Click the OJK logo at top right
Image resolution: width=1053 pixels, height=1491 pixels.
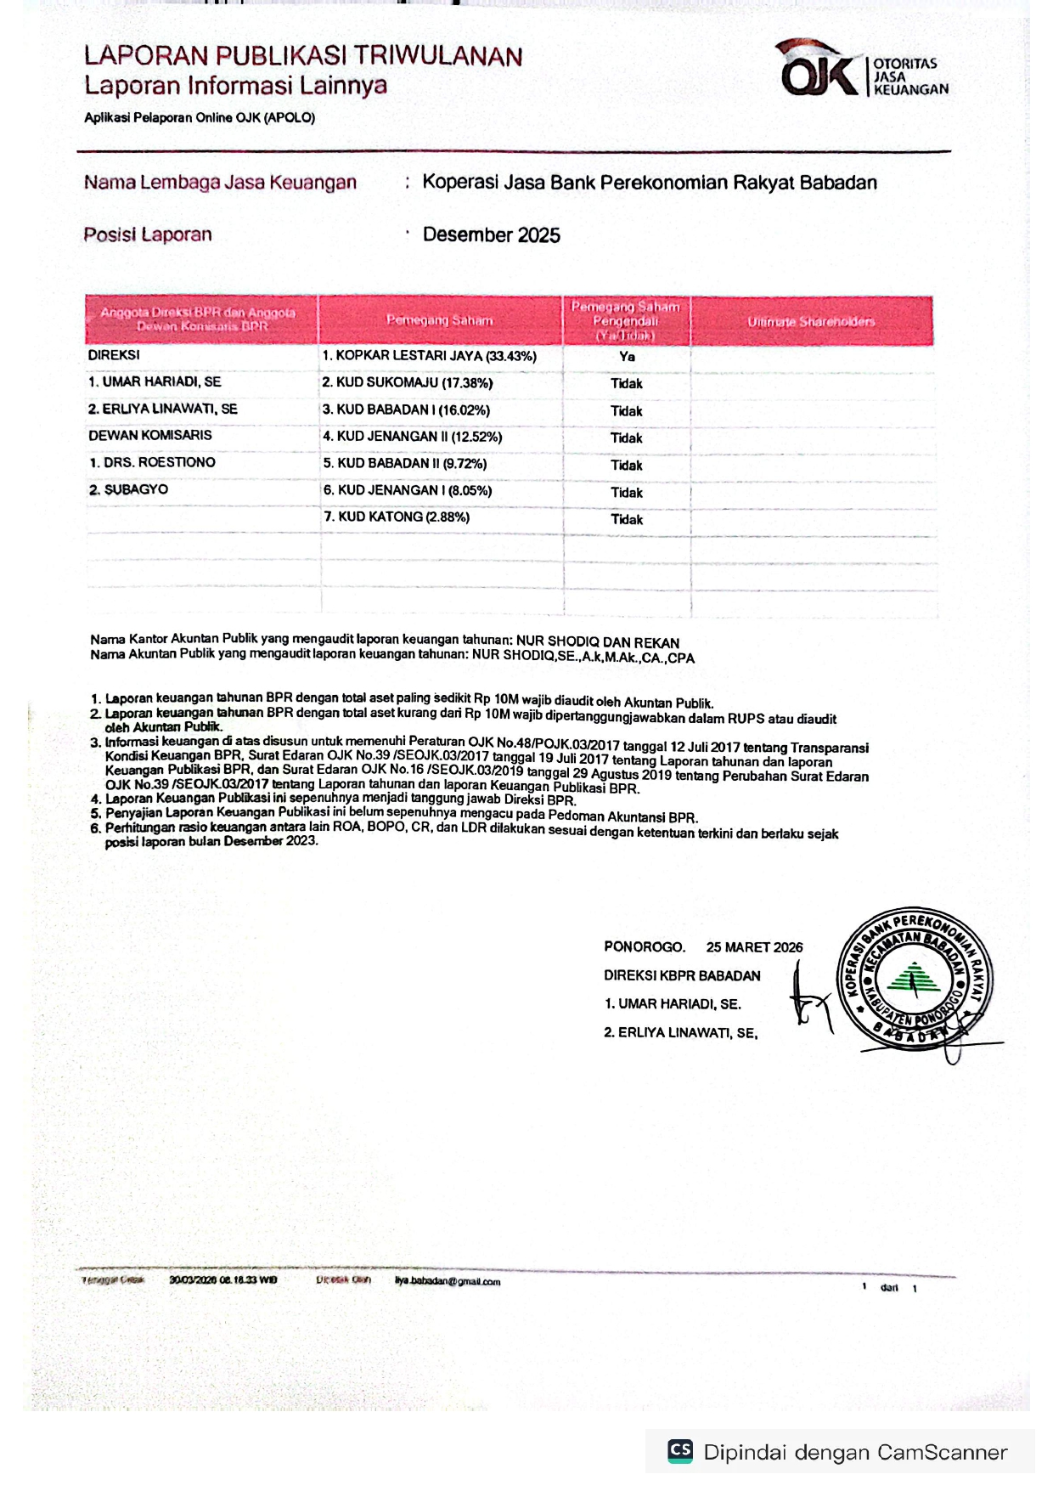point(862,70)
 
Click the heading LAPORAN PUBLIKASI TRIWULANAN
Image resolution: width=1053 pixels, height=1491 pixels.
point(303,56)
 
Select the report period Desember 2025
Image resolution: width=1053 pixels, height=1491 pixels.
point(491,235)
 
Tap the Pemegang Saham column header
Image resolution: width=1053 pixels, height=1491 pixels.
point(439,320)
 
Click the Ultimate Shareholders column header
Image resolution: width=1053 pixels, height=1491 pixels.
point(811,321)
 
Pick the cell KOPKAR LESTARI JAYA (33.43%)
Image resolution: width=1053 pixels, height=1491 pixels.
point(430,356)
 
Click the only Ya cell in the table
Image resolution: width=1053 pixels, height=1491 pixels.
point(627,357)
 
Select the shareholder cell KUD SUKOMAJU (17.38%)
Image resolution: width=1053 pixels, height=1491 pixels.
point(408,383)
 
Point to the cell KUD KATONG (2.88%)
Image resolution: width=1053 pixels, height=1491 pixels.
point(397,517)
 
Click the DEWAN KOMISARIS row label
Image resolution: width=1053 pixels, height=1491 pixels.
point(150,435)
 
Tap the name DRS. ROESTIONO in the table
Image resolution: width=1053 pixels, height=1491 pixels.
point(153,462)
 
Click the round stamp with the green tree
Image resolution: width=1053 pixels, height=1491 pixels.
point(914,978)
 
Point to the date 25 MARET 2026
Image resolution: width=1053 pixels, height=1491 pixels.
point(754,947)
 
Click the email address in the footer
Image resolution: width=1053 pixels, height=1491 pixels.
point(448,1281)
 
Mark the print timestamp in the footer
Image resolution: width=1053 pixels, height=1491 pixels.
point(222,1279)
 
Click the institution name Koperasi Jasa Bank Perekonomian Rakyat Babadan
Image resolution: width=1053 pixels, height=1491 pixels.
point(650,183)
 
